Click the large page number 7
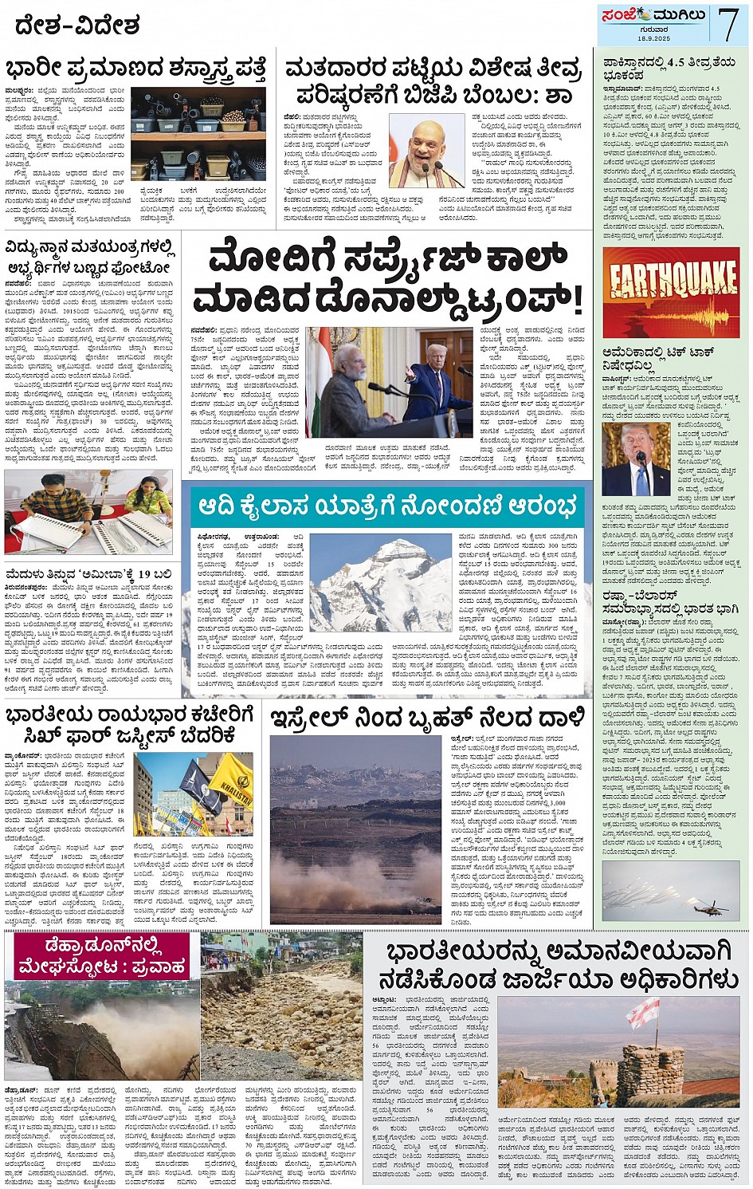click(x=728, y=25)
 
